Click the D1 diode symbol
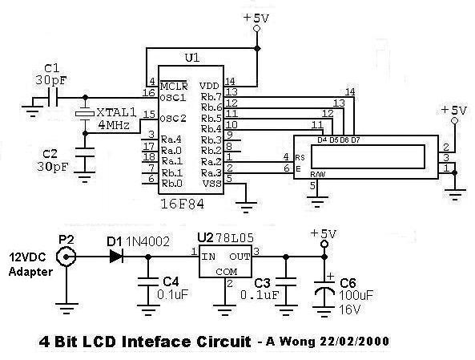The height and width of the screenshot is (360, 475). point(116,257)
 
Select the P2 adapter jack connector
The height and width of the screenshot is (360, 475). point(66,257)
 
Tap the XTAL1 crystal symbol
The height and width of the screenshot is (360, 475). point(86,114)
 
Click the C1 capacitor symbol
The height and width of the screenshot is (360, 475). point(52,98)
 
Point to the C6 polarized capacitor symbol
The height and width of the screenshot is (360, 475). point(324,288)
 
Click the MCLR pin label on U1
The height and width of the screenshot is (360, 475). point(174,86)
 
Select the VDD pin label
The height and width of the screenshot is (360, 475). point(209,86)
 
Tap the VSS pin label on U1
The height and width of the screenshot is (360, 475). point(211,184)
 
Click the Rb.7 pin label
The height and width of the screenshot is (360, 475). point(211,97)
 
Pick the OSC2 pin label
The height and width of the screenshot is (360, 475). point(173,119)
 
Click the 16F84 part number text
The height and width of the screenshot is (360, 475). point(183,204)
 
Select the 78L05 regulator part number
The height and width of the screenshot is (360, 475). point(234,238)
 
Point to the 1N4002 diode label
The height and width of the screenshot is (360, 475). point(147,241)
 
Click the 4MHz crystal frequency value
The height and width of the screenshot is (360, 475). point(115,125)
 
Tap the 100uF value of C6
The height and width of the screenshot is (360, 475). point(356,295)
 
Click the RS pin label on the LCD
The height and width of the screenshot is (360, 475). point(300,158)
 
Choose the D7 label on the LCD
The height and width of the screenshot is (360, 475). point(356,140)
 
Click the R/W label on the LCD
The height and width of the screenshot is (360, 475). point(317,175)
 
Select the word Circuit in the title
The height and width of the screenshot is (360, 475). point(223,342)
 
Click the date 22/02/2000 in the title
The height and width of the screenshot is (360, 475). point(354,342)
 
